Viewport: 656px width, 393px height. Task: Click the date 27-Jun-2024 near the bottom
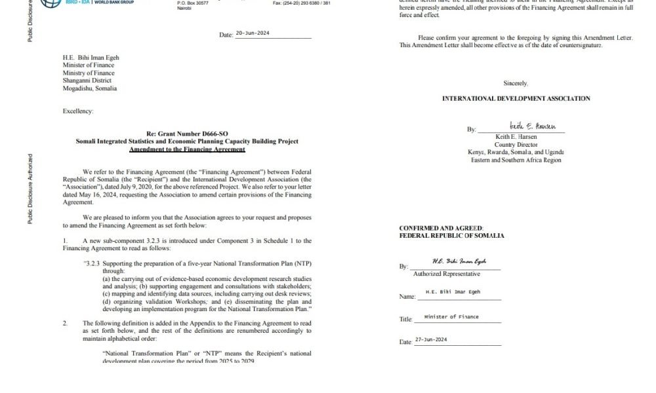point(432,341)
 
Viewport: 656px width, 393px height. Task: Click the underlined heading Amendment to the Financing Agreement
point(187,149)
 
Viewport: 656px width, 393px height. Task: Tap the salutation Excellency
point(78,111)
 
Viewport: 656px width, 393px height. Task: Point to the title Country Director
point(516,144)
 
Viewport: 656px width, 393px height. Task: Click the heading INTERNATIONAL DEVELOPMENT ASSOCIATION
point(516,99)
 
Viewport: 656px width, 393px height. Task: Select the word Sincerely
point(516,83)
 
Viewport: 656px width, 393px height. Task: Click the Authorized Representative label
point(447,274)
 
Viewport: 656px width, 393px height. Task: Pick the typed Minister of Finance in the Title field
point(451,317)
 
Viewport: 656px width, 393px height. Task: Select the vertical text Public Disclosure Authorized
point(31,189)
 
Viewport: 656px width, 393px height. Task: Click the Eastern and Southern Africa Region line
point(516,160)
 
